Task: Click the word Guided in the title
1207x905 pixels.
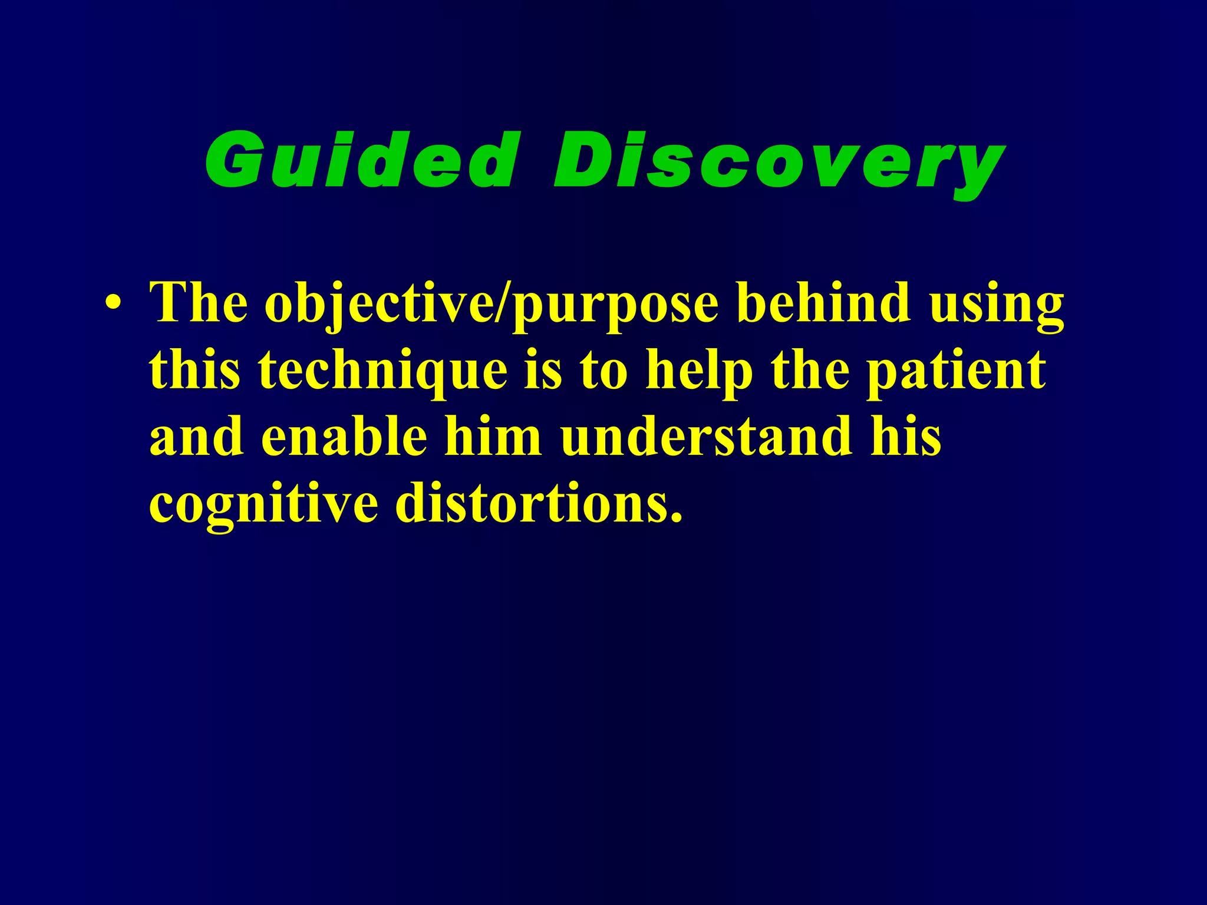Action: [360, 160]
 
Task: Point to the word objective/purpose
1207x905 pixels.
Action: [492, 305]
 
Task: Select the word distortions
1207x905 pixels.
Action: [539, 504]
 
